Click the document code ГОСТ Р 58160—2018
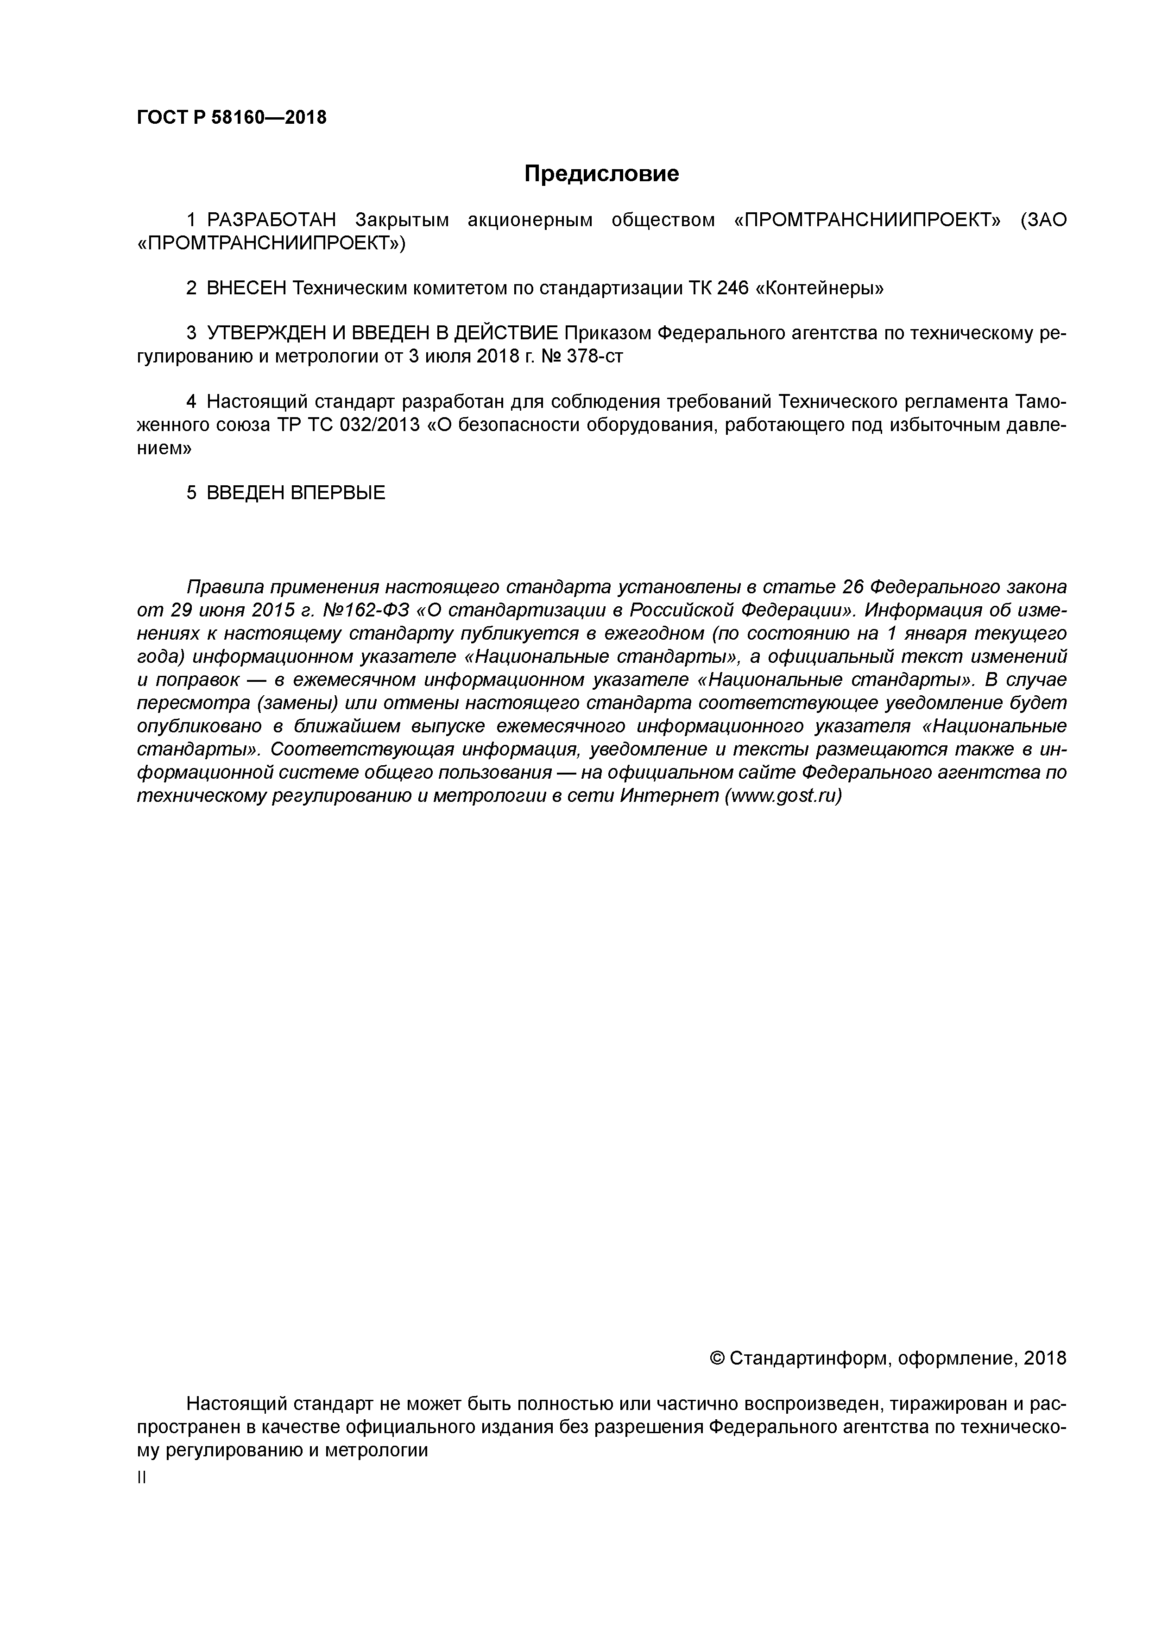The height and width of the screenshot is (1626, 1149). tap(232, 118)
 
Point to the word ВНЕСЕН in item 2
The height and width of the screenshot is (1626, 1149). tap(246, 288)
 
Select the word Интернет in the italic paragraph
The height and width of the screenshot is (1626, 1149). tap(668, 796)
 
